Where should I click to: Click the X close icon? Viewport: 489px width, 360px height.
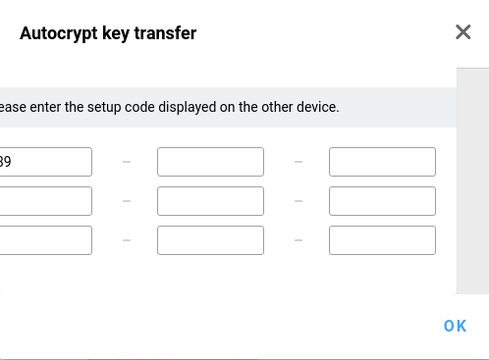(463, 32)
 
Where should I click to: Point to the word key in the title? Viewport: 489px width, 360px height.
(117, 33)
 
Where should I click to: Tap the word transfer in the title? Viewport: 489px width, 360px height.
(166, 33)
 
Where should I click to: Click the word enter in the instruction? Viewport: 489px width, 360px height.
(43, 107)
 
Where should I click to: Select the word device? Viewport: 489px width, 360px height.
(319, 107)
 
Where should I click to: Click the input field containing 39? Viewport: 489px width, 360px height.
(45, 162)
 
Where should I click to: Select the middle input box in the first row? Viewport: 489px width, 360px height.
(210, 162)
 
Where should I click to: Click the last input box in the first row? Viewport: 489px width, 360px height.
(382, 162)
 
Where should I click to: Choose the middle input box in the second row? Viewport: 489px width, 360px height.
(210, 201)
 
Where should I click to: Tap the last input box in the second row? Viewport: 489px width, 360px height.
(382, 201)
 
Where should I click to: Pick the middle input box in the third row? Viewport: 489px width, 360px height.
(210, 240)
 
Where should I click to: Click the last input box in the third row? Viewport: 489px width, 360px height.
(382, 240)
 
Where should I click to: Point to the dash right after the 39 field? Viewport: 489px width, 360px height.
(127, 162)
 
